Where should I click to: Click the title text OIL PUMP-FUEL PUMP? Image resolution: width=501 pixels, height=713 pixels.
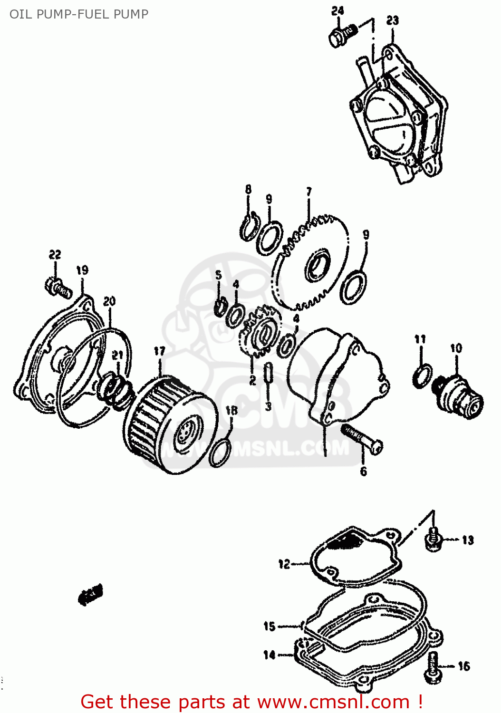pyautogui.click(x=79, y=14)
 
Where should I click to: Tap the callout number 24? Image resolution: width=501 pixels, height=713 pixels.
pyautogui.click(x=337, y=10)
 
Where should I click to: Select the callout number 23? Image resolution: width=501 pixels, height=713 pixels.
pyautogui.click(x=392, y=20)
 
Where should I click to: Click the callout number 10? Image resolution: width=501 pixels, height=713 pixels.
pyautogui.click(x=456, y=348)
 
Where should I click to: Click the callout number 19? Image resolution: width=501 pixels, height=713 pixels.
pyautogui.click(x=82, y=270)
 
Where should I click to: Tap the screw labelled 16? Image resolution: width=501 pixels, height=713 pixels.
pyautogui.click(x=433, y=667)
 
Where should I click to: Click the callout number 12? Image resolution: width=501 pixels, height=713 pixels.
pyautogui.click(x=284, y=564)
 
